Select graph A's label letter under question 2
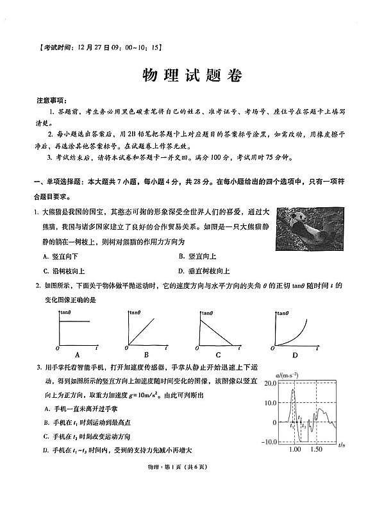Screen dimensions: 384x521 tap(77, 355)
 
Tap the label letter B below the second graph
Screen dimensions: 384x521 tap(146, 355)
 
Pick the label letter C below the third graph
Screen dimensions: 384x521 tap(218, 355)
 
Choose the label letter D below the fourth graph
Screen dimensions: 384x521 tap(295, 355)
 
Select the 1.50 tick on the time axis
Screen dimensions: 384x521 tap(316, 451)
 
